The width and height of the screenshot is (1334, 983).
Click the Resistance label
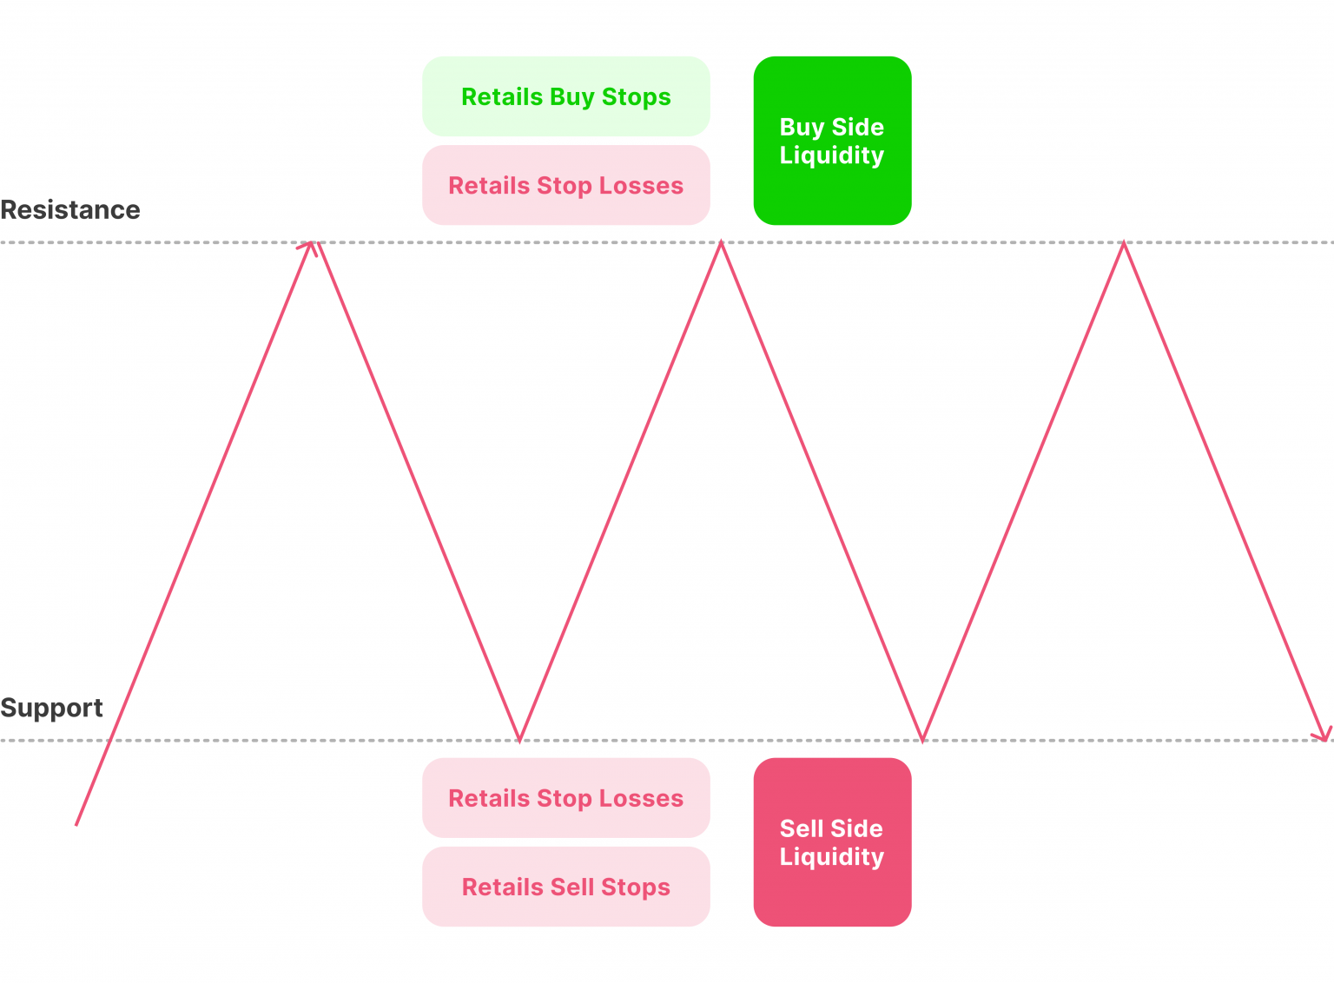(x=70, y=210)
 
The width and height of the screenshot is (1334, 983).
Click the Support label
(x=51, y=708)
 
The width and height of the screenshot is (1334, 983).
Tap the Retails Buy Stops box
(x=565, y=96)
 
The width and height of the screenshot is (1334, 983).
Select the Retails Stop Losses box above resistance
(x=565, y=185)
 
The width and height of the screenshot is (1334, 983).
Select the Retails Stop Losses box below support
(x=565, y=798)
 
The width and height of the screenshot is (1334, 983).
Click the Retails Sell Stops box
(x=565, y=887)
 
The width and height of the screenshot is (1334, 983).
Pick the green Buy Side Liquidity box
(x=832, y=141)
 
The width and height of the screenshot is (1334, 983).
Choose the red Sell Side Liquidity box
(x=832, y=841)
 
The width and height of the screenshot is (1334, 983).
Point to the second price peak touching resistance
(x=720, y=244)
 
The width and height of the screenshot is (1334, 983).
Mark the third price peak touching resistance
(x=1123, y=244)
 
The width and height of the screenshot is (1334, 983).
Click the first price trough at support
(x=519, y=739)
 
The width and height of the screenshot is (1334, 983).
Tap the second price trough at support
(x=922, y=739)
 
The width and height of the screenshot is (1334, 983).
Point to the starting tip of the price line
(x=77, y=823)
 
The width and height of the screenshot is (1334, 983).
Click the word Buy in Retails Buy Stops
(x=571, y=97)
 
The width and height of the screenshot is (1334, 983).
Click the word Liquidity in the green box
(x=832, y=155)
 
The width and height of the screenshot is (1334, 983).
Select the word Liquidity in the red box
(x=832, y=857)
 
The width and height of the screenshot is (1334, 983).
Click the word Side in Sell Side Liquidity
(x=858, y=828)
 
